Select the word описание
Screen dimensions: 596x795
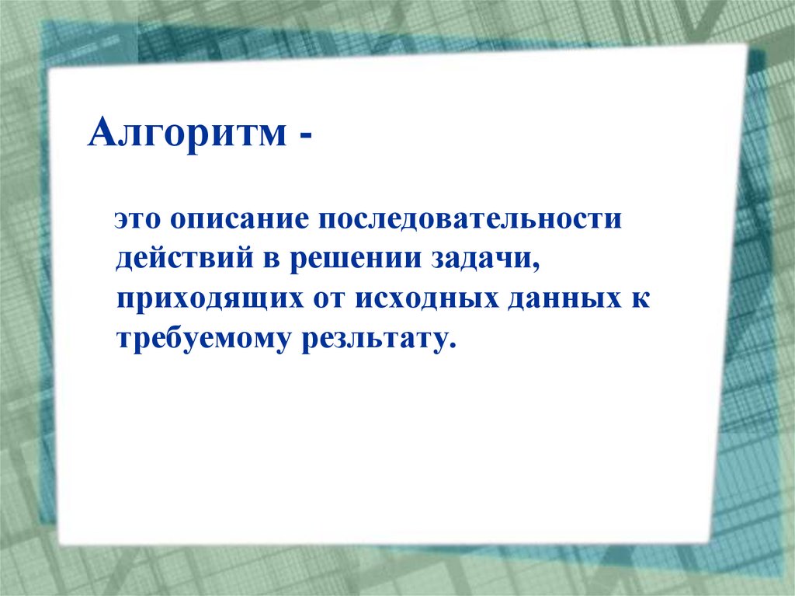tap(236, 220)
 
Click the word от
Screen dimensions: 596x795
tap(328, 300)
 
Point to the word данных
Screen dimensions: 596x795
tap(564, 299)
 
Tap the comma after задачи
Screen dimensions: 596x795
tap(535, 268)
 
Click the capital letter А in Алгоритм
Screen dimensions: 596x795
tap(102, 134)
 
